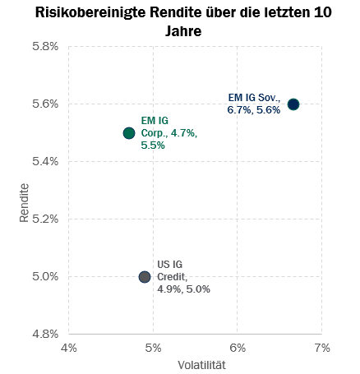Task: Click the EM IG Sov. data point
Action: point(293,104)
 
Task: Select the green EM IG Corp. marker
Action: point(129,133)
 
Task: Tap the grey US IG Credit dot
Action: point(145,277)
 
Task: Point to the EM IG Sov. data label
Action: point(254,104)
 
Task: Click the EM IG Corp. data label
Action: point(169,133)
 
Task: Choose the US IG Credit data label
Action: point(183,277)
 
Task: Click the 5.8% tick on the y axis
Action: point(45,46)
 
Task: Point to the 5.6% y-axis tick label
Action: point(45,104)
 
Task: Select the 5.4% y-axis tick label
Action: point(45,161)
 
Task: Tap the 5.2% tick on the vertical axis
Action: point(45,219)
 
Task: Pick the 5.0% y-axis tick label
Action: point(45,276)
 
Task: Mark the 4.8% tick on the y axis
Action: point(45,334)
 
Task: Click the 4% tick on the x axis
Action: point(69,348)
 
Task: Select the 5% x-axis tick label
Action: point(153,348)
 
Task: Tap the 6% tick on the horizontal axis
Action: point(238,348)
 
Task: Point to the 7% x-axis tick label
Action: point(322,348)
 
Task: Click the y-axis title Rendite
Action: point(24,203)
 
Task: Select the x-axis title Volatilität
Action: point(201,365)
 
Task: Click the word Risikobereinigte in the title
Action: point(90,12)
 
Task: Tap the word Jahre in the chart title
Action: point(183,31)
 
